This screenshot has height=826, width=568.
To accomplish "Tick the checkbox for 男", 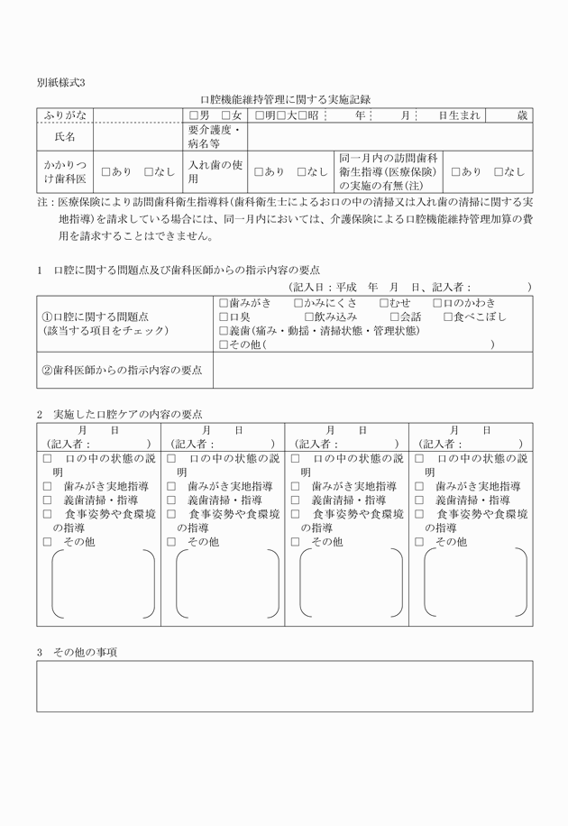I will [193, 116].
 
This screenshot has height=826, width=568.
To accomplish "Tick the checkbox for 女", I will [226, 116].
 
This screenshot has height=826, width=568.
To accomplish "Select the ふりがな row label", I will [65, 116].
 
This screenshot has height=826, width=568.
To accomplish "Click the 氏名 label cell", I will [65, 138].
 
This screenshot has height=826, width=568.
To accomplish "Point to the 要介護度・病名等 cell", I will [215, 138].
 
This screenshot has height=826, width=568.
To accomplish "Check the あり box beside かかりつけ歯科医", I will [106, 171].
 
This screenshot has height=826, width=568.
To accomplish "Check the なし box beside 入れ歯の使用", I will [302, 171].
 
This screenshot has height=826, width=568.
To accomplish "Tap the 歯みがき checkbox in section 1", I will [224, 303].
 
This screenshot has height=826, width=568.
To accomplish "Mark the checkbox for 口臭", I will [224, 317].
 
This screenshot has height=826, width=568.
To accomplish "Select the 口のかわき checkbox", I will [438, 303].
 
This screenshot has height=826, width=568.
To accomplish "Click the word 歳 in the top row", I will [522, 116].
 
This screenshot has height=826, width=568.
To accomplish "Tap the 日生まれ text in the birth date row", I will [459, 116].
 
